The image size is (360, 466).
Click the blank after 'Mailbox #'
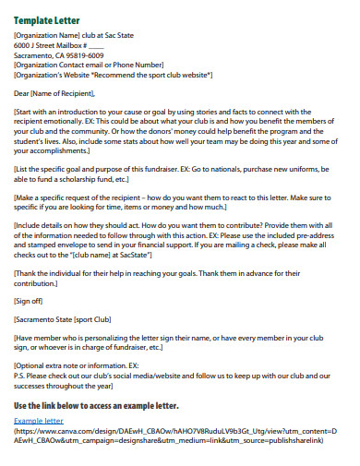coord(97,45)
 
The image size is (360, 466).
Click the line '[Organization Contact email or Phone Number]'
coord(89,64)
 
